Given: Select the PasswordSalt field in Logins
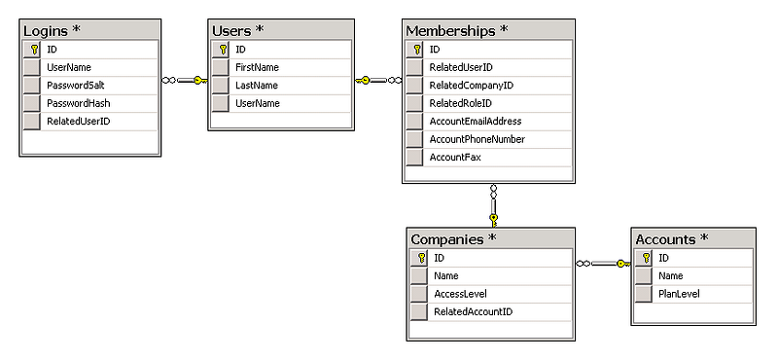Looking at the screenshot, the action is pos(76,86).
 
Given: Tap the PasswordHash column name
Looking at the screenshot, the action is pos(79,103).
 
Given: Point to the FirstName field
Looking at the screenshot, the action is pos(257,67).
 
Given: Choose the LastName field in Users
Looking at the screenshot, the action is pos(257,86).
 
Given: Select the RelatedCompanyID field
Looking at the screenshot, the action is pos(472,86).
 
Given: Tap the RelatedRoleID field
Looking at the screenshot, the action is pos(460,103).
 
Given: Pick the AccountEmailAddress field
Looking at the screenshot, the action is pos(476,122).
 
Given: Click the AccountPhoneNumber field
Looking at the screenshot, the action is pos(477,139).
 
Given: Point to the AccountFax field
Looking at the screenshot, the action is pos(455,158).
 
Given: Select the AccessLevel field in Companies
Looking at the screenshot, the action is pos(460,294).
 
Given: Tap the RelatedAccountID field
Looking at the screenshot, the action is pos(473,311).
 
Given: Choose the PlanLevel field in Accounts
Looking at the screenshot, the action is pos(679,294).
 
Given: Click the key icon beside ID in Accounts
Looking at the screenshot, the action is pos(646,258).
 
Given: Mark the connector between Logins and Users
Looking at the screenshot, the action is pos(185,81).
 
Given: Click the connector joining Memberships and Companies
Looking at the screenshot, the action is pos(493,206).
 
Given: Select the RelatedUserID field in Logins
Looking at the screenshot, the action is pos(79,122).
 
